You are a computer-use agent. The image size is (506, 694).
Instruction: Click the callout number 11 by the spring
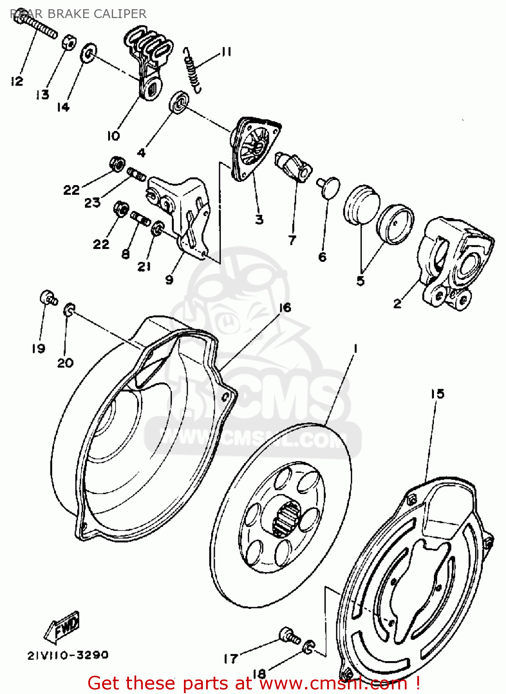pyautogui.click(x=226, y=52)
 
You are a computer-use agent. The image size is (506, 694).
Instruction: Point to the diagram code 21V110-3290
pyautogui.click(x=68, y=655)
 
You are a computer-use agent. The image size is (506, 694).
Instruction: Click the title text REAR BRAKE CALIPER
pyautogui.click(x=78, y=14)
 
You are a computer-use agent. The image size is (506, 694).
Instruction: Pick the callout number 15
pyautogui.click(x=437, y=394)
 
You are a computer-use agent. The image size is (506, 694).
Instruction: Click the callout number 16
pyautogui.click(x=285, y=308)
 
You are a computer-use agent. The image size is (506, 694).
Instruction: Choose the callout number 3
pyautogui.click(x=259, y=219)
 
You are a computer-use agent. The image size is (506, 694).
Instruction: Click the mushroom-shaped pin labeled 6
pyautogui.click(x=329, y=187)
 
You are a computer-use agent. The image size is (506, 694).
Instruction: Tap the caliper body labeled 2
pyautogui.click(x=455, y=264)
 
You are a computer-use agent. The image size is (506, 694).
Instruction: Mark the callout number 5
pyautogui.click(x=360, y=281)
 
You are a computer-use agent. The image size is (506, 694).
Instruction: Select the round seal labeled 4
pyautogui.click(x=179, y=103)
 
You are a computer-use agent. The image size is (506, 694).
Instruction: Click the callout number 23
pyautogui.click(x=92, y=202)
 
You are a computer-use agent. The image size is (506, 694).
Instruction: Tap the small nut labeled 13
pyautogui.click(x=68, y=43)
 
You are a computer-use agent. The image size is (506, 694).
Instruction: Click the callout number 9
pyautogui.click(x=169, y=279)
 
